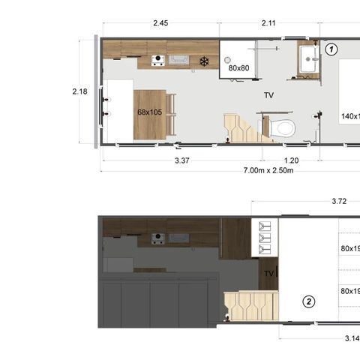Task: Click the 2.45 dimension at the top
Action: click(160, 23)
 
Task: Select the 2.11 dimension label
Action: click(269, 23)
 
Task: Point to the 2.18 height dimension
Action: click(80, 91)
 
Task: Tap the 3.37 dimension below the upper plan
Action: click(181, 160)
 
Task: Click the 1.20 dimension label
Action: click(291, 160)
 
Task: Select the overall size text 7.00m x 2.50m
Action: click(268, 171)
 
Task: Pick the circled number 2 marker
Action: click(308, 302)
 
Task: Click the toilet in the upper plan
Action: click(282, 127)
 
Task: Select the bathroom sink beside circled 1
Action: click(308, 59)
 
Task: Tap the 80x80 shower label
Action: click(238, 68)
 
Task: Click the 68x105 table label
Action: click(149, 112)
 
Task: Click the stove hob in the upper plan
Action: click(158, 60)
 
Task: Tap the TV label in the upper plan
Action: click(268, 96)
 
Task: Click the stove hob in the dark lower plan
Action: click(158, 238)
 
